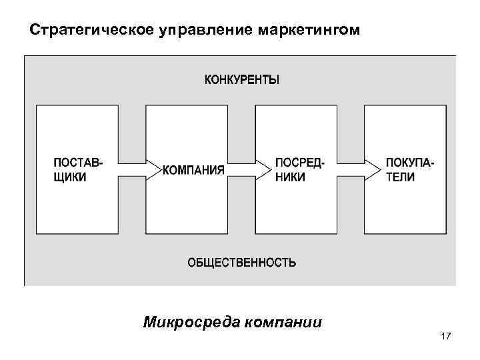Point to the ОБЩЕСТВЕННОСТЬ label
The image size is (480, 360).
coord(241,262)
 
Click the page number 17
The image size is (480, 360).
coord(446,337)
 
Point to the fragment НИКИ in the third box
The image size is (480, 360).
coord(290,177)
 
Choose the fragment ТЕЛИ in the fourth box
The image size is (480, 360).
coord(400,177)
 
